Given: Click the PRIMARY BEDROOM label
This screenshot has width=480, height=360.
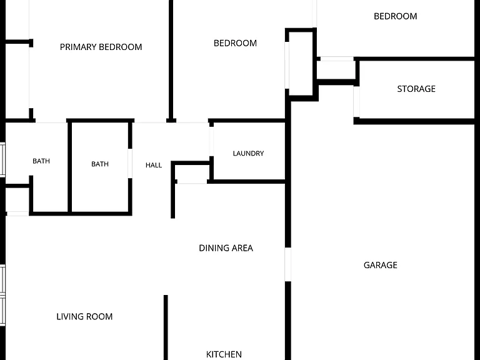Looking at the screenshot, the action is coord(101,47).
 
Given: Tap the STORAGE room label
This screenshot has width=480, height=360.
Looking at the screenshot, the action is coord(416,89).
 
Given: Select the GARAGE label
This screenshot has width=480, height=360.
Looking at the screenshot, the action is coord(381,265).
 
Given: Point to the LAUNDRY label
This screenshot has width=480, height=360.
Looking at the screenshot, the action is coord(248,153).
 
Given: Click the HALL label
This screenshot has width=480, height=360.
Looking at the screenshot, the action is coord(154,165).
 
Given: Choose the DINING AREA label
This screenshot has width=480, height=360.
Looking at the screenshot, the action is coord(226,248).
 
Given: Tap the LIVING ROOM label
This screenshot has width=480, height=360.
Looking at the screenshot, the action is coord(84,316).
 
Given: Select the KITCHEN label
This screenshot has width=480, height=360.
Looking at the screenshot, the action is coord(224,354).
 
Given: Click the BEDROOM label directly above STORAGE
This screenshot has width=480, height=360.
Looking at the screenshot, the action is coord(395,16).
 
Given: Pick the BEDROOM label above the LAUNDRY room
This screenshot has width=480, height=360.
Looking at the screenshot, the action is coord(235,43).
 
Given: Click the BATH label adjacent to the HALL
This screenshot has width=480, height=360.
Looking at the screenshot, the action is coord(100,164).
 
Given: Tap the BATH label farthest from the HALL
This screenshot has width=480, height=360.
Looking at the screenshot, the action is coord(41,161).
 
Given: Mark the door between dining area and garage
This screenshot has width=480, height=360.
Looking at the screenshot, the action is coord(287,264).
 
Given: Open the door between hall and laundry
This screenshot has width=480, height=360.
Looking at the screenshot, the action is coord(211,141).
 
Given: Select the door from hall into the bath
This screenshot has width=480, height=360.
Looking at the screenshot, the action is coord(130,164).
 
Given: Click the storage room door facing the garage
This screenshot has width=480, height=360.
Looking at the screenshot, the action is coord(356,102).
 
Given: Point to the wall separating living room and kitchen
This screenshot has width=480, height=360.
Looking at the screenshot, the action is coord(166,327).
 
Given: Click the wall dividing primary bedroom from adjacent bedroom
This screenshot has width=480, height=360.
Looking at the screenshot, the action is coord(171,60).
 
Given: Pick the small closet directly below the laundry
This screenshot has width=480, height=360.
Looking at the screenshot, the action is coord(192,174).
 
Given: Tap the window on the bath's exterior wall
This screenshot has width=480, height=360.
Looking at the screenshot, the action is coord(2,160).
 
